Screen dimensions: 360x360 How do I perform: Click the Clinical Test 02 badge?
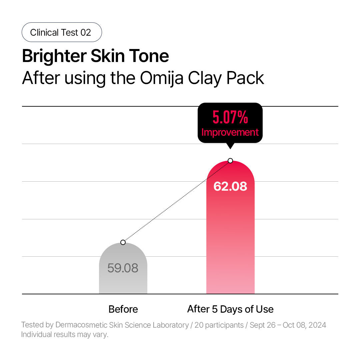click(62, 32)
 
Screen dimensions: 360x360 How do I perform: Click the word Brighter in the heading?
click(54, 56)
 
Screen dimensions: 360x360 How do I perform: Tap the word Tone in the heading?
click(152, 56)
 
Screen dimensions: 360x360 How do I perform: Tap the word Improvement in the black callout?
click(230, 132)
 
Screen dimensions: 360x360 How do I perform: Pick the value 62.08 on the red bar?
click(230, 186)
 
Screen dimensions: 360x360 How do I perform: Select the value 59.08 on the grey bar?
click(123, 268)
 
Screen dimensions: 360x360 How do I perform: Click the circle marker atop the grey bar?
click(123, 242)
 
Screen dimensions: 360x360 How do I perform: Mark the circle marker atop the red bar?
click(230, 161)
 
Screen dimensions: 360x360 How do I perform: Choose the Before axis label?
click(123, 309)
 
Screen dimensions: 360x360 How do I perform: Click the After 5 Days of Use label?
click(230, 309)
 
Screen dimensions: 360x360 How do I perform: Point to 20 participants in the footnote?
click(219, 325)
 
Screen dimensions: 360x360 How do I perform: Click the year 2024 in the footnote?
click(317, 325)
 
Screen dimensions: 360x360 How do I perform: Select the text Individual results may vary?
click(65, 334)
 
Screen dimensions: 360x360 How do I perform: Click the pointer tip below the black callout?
click(230, 146)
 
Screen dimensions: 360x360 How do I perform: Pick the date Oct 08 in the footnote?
click(293, 325)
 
